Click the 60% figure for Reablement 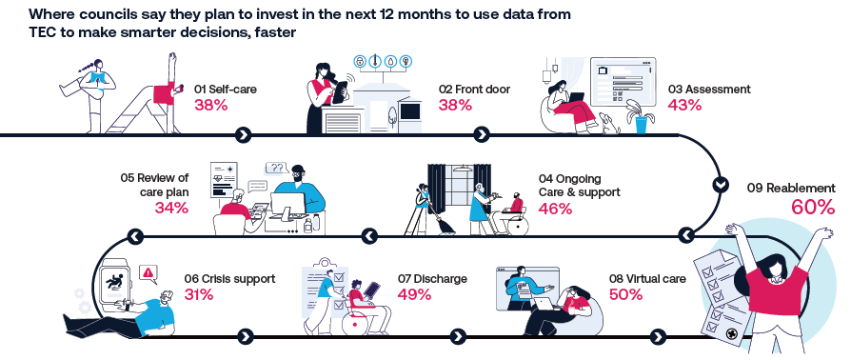coord(813,208)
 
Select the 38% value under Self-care coord(210,105)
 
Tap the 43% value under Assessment coord(684,105)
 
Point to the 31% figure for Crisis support coord(199,294)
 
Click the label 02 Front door coord(474,90)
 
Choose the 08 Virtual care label coord(647,279)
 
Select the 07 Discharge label coord(432,279)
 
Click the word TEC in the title coord(41,32)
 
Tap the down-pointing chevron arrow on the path coord(721,185)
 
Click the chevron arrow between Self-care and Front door coord(245,134)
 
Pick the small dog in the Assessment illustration coord(609,123)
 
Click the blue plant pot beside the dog coord(641,126)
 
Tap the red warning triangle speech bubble coord(148,272)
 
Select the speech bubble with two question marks coord(277,169)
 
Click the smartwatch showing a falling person coord(114,283)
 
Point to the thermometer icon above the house coord(374,61)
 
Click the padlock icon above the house coord(359,61)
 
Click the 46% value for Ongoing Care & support coord(555,209)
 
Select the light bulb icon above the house coord(404,61)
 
